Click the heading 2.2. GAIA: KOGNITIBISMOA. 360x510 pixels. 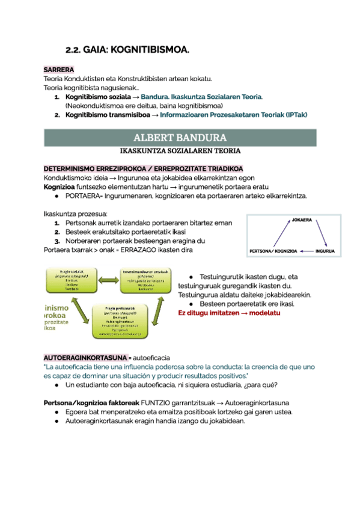(127, 50)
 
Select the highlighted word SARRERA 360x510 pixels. (58, 70)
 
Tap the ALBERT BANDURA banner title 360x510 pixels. (180, 137)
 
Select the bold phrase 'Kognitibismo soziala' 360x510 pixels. (97, 96)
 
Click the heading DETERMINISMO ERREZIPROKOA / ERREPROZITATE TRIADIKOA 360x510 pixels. (144, 169)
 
